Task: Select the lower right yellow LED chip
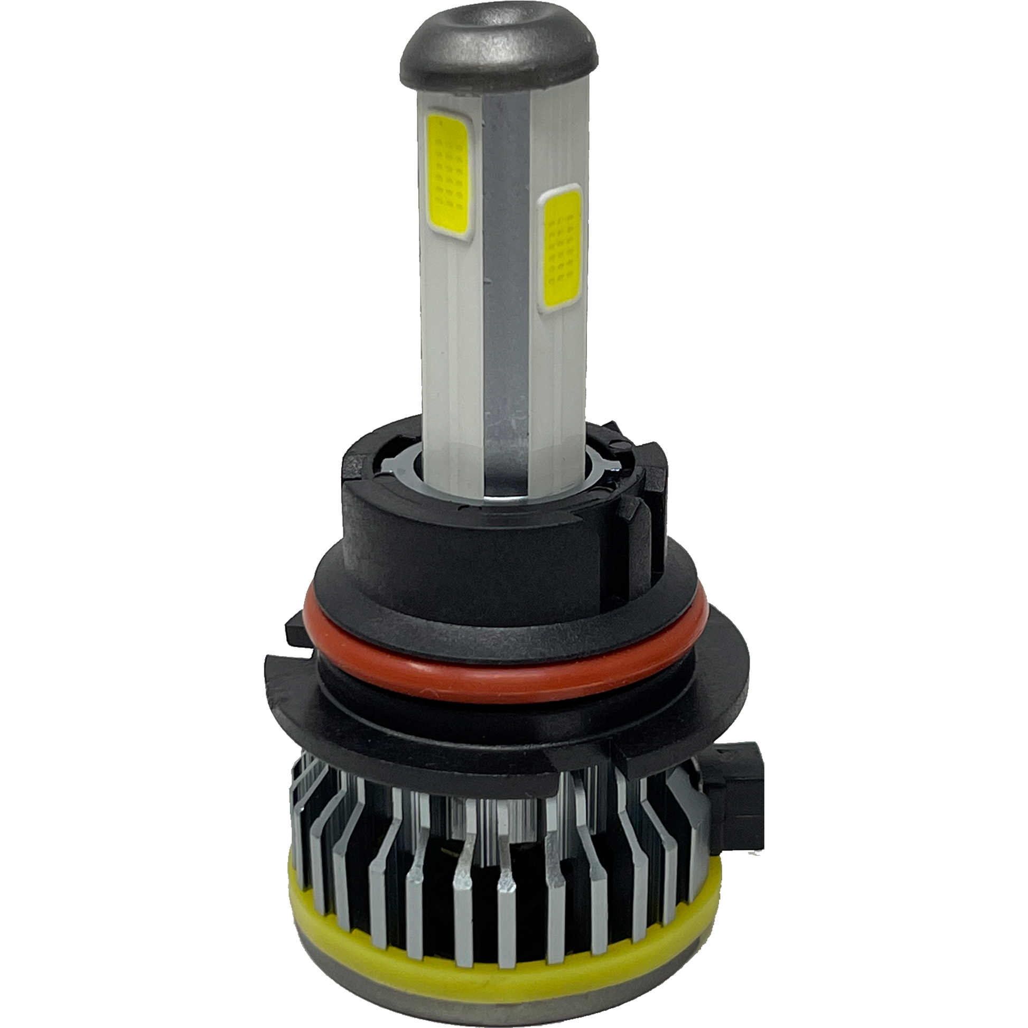click(x=560, y=250)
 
